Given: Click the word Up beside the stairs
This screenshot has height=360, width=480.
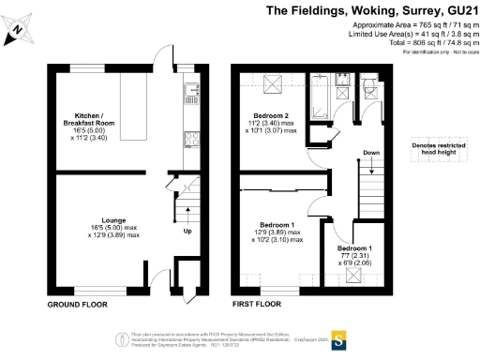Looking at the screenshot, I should click(x=187, y=231).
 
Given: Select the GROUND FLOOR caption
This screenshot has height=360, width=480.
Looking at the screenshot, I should click(x=77, y=305).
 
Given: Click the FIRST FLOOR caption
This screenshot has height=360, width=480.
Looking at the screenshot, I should click(x=256, y=305).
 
